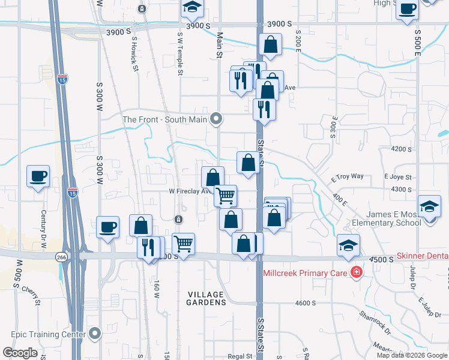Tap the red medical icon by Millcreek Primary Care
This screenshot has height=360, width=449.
click(357, 272)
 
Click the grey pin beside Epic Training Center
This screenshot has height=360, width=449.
click(95, 334)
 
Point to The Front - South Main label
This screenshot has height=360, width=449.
click(164, 119)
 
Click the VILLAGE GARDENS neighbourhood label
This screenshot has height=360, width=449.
click(206, 298)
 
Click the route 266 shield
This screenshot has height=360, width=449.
click(61, 257)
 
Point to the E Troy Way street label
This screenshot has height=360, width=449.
click(348, 177)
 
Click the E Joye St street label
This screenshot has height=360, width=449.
click(398, 177)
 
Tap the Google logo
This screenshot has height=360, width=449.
click(20, 353)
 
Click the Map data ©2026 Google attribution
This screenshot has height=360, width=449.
click(412, 355)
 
